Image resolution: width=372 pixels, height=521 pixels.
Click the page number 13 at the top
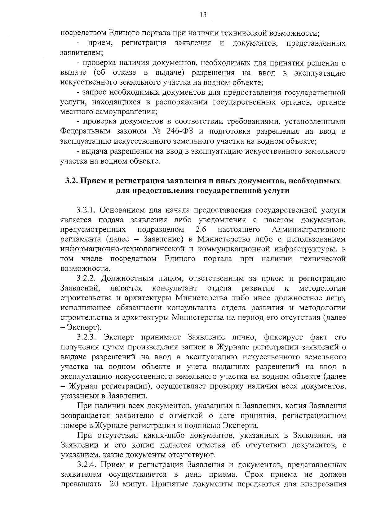[x=203, y=15]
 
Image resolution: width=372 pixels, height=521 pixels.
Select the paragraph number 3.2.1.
[x=87, y=210]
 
